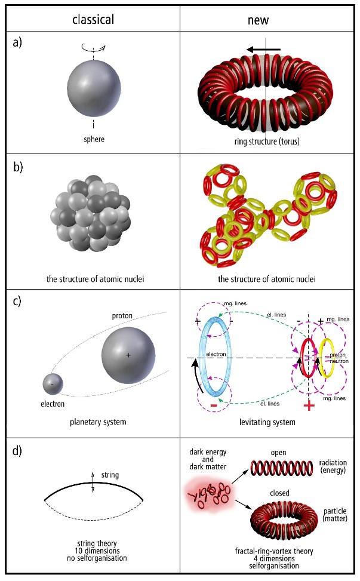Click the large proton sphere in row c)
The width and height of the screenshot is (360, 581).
point(128,355)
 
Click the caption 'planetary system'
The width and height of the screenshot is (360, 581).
point(93,422)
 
